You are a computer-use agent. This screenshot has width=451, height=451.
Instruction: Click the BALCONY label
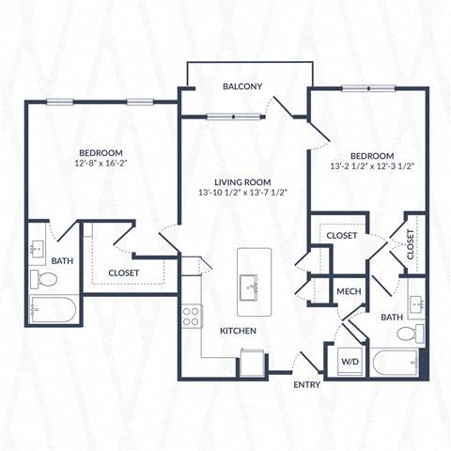242,86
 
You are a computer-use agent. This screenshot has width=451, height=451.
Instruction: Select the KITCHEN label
239,332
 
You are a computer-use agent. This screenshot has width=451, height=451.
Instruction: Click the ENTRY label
306,384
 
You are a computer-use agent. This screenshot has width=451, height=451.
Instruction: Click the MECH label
350,291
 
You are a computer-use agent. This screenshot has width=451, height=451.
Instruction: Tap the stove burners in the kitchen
192,316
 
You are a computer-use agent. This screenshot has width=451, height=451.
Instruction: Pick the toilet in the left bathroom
44,278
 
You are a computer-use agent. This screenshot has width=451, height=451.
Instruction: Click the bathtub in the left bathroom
53,309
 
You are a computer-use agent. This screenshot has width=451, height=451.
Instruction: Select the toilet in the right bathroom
409,334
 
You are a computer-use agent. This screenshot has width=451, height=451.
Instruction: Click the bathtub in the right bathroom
395,362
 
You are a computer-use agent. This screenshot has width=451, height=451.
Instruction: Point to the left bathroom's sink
38,250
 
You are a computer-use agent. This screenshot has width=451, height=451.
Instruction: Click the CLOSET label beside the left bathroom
124,273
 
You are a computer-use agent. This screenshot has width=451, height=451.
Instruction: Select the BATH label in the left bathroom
62,261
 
